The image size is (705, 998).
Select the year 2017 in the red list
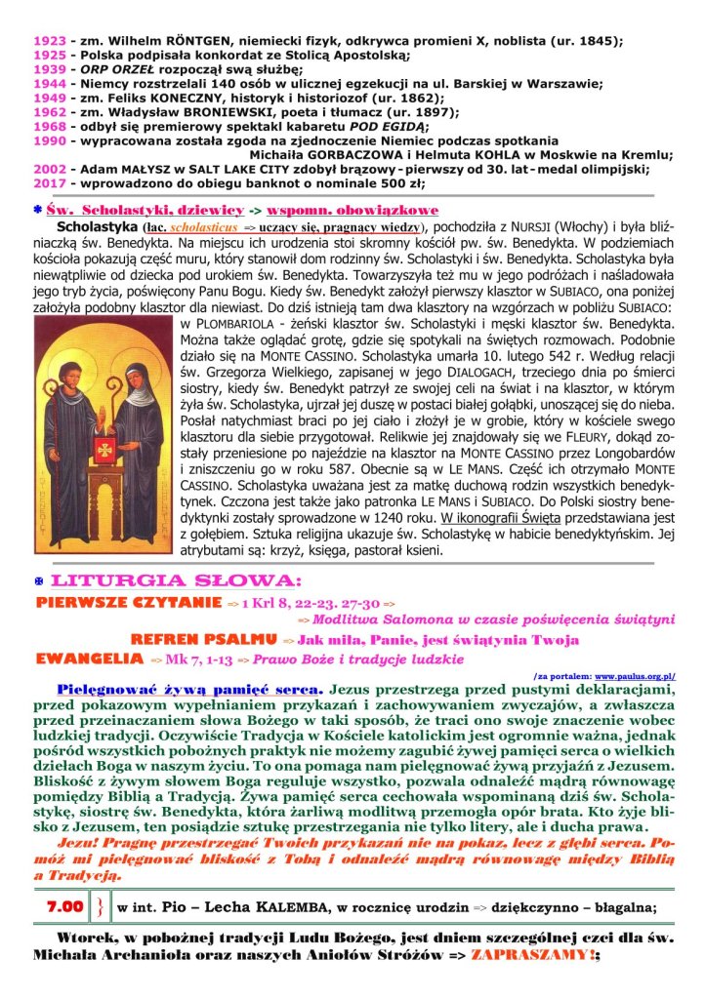[49, 182]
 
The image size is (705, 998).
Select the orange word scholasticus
[202, 225]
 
